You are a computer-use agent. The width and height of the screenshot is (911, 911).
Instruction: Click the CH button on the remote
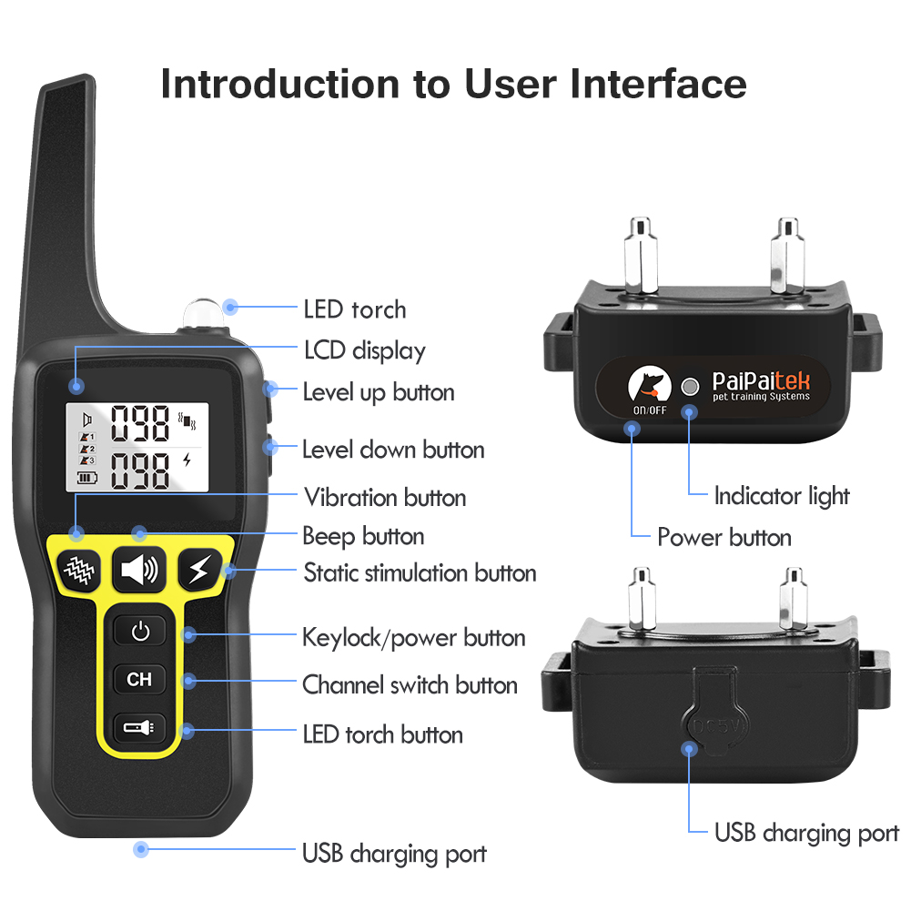point(139,679)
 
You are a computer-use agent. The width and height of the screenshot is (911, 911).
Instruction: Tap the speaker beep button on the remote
point(139,571)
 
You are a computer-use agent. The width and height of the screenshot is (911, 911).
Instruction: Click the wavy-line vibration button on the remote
point(78,572)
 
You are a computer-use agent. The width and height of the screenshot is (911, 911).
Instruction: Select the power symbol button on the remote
point(139,631)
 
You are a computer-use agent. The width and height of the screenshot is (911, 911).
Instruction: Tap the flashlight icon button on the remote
point(139,727)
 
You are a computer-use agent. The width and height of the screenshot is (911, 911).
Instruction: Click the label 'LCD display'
point(364,350)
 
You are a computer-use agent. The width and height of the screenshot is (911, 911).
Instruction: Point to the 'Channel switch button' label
point(410,685)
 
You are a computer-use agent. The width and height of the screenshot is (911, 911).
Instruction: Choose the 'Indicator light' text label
point(781,496)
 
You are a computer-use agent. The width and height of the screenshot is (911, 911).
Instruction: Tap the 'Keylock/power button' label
point(413,637)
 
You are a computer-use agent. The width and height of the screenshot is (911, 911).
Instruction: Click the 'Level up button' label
point(378,392)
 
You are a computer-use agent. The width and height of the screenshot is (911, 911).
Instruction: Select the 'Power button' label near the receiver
point(724,537)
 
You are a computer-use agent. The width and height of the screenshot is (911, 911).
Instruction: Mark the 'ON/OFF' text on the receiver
point(649,410)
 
